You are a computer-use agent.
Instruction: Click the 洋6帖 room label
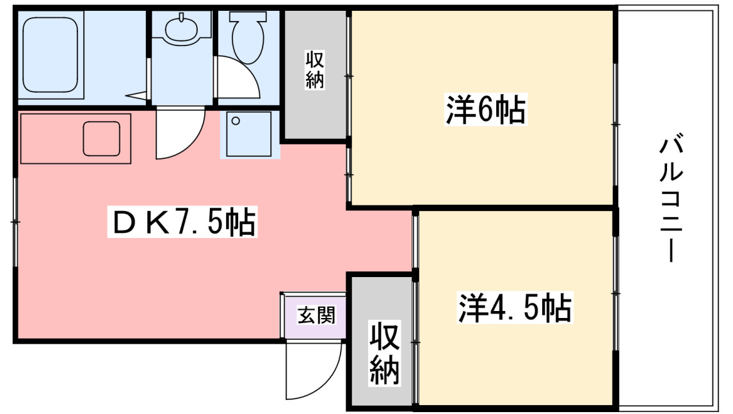point(486,111)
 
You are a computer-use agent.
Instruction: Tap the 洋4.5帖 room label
point(514,308)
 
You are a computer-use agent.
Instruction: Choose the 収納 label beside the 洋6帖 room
point(314,70)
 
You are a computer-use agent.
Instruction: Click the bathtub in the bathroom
point(51,56)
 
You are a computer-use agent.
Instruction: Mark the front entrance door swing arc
point(314,374)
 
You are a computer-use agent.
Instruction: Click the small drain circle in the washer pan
point(236,121)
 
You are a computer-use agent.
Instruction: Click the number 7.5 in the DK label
point(200,223)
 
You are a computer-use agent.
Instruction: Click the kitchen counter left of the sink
point(51,138)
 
